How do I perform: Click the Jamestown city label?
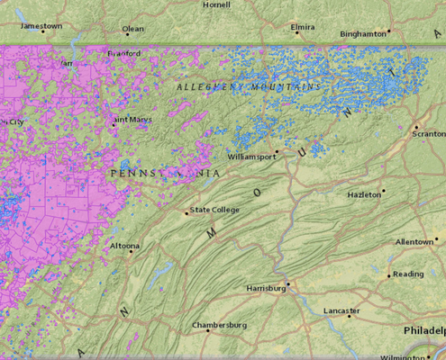[x=41, y=26]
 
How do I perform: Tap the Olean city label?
[x=132, y=29]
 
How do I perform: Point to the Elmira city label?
[x=303, y=27]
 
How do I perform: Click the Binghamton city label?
[x=363, y=34]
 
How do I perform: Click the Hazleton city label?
[x=365, y=194]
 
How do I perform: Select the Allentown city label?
[x=414, y=242]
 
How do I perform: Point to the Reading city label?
[x=408, y=274]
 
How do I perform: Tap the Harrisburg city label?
[x=266, y=288]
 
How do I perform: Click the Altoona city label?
[x=124, y=246]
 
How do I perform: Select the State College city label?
[x=214, y=211]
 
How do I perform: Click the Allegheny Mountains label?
[x=249, y=87]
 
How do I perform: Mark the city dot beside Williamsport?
[x=277, y=151]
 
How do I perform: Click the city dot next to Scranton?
[x=416, y=126]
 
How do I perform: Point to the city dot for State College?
[x=187, y=213]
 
